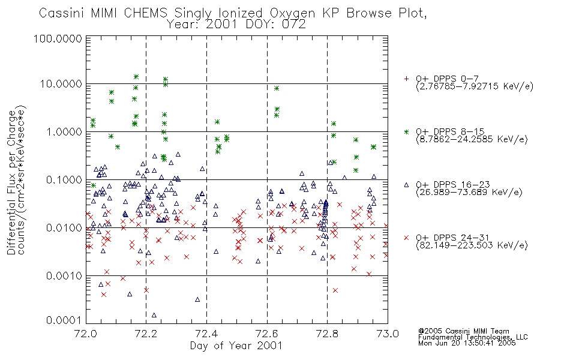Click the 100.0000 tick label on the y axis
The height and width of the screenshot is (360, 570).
58,38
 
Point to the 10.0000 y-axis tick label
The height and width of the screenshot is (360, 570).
61,84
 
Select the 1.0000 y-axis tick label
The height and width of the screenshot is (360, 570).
64,131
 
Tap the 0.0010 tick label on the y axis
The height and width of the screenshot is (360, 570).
64,276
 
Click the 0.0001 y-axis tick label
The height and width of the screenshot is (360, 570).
64,320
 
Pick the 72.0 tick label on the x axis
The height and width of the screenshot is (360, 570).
86,334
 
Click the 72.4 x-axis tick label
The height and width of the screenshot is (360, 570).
207,334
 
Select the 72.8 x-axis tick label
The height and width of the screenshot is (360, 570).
327,334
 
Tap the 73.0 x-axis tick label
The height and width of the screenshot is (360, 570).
388,334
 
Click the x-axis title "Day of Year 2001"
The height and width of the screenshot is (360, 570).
236,346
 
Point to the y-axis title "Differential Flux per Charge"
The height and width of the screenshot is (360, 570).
11,182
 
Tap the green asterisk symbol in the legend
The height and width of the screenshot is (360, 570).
406,132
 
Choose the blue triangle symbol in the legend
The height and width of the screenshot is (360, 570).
406,185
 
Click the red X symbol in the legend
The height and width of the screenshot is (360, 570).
406,238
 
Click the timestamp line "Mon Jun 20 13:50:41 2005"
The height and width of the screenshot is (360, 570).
467,343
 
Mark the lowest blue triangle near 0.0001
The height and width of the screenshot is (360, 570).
154,315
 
